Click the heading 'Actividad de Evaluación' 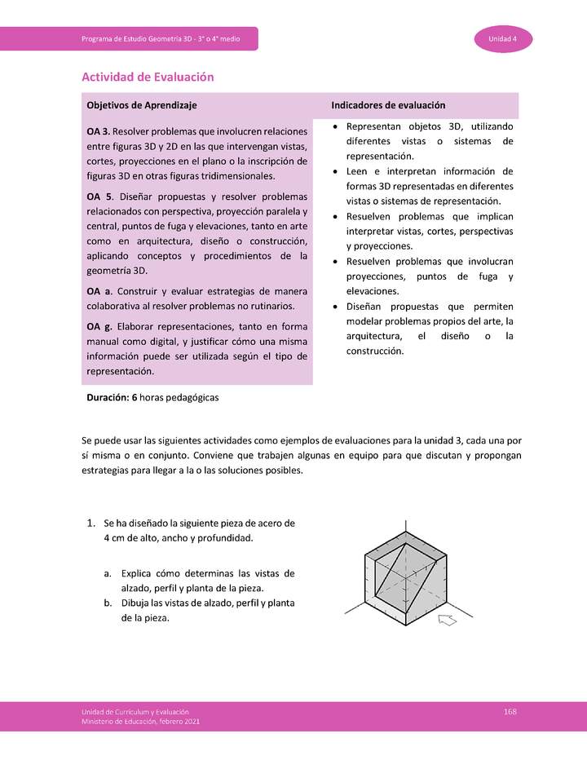(148, 77)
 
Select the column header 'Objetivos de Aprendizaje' (141, 105)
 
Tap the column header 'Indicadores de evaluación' (388, 105)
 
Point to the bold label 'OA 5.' (99, 197)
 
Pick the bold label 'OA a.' (99, 291)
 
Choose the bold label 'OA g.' (99, 327)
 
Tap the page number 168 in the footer (510, 712)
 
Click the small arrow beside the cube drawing (448, 621)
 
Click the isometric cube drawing (404, 577)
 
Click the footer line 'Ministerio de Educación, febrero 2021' (140, 722)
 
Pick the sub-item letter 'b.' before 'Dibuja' (108, 603)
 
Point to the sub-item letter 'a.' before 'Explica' (108, 573)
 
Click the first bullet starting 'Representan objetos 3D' (422, 141)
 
